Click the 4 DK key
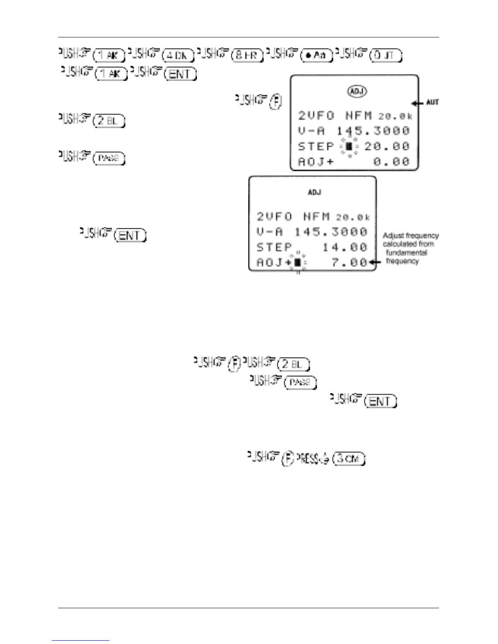178,55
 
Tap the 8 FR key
247,55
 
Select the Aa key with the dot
316,55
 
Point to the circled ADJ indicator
357,91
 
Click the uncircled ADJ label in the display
315,192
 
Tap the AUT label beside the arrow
432,102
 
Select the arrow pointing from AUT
417,103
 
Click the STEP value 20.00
387,146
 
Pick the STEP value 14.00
345,247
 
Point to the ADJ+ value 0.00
391,162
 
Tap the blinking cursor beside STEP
349,146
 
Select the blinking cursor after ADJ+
298,263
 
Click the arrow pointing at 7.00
375,262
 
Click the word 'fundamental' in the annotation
406,252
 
